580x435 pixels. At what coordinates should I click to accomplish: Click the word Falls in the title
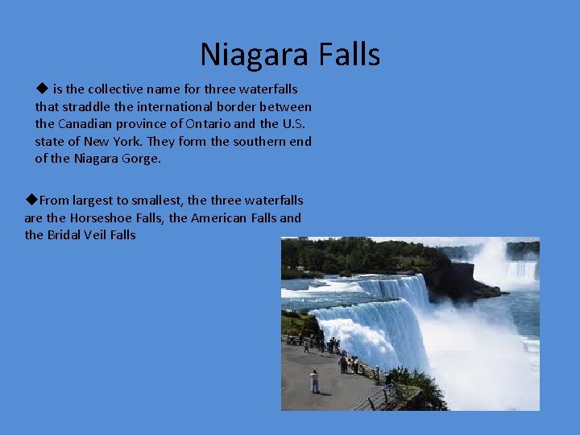click(350, 55)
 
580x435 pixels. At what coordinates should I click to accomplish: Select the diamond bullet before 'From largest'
click(31, 199)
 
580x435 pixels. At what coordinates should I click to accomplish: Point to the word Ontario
click(208, 124)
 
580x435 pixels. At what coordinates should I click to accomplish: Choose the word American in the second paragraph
click(220, 217)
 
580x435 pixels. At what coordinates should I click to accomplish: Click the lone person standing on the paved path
click(314, 381)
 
